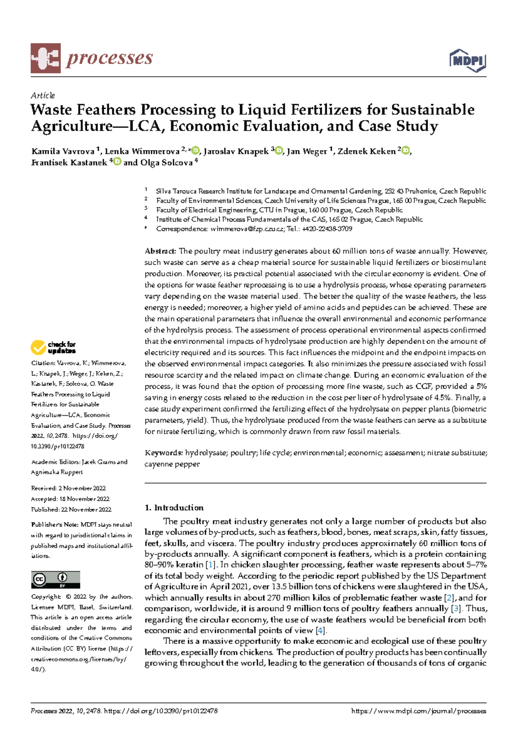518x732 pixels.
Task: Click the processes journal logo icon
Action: pyautogui.click(x=45, y=58)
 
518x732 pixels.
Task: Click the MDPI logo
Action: pyautogui.click(x=468, y=60)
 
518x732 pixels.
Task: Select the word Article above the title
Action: pyautogui.click(x=43, y=95)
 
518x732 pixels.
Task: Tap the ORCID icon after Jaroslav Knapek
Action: pyautogui.click(x=279, y=151)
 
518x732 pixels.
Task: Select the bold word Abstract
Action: pyautogui.click(x=160, y=251)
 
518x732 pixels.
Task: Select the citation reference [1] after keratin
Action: pyautogui.click(x=210, y=565)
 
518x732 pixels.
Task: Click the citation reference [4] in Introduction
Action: pyautogui.click(x=320, y=631)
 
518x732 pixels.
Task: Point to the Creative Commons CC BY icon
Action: pyautogui.click(x=55, y=580)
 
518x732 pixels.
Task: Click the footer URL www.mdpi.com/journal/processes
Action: pyautogui.click(x=419, y=711)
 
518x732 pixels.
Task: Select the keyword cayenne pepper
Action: pyautogui.click(x=172, y=464)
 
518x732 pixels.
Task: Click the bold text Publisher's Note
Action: pyautogui.click(x=54, y=525)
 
